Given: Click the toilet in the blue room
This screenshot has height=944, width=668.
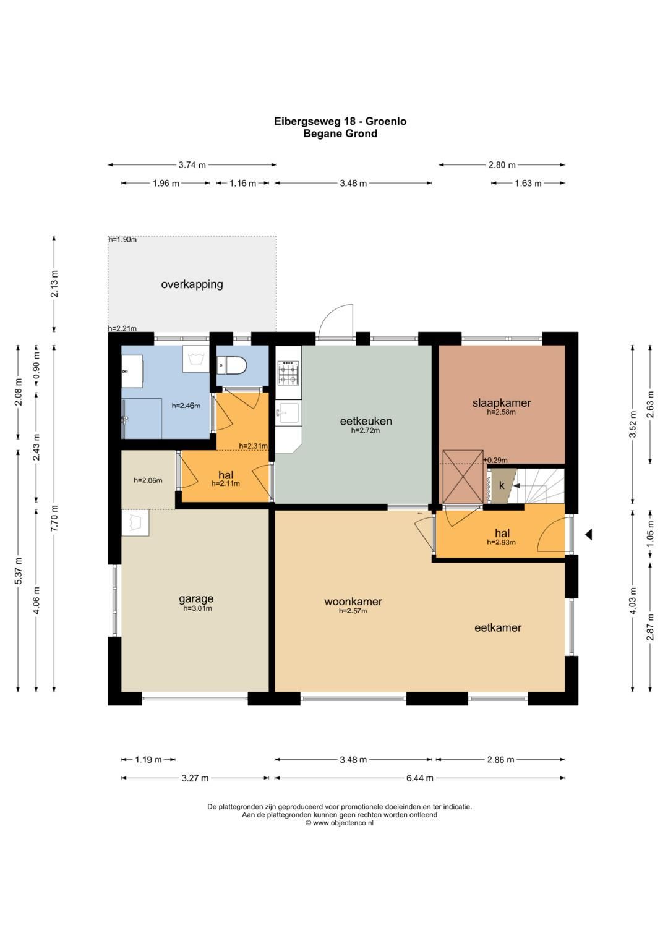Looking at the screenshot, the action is [231, 365].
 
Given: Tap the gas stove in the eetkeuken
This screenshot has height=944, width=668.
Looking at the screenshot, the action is [289, 373].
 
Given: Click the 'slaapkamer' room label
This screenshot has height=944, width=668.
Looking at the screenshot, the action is [502, 402].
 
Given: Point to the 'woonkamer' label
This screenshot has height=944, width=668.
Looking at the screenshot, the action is [353, 602].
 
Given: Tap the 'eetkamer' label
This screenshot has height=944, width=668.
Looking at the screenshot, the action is [498, 627].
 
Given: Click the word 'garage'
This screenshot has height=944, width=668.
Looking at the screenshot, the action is [196, 599].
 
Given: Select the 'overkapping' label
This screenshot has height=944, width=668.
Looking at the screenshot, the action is [192, 284].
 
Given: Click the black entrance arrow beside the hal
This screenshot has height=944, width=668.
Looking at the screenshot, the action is [588, 534].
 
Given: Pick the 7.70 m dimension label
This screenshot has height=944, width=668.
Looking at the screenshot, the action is [54, 517].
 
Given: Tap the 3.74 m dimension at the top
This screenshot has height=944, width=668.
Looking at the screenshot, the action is [192, 165].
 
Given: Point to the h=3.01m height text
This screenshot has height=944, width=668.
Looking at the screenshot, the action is [197, 608].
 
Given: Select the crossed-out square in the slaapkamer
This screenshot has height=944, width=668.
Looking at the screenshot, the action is [463, 477].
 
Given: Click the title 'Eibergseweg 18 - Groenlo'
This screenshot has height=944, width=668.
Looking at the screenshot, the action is [340, 121].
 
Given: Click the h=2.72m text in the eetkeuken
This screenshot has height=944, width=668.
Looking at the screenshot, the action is [366, 431].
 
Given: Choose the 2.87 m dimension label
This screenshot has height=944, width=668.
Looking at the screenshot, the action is [651, 627].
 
